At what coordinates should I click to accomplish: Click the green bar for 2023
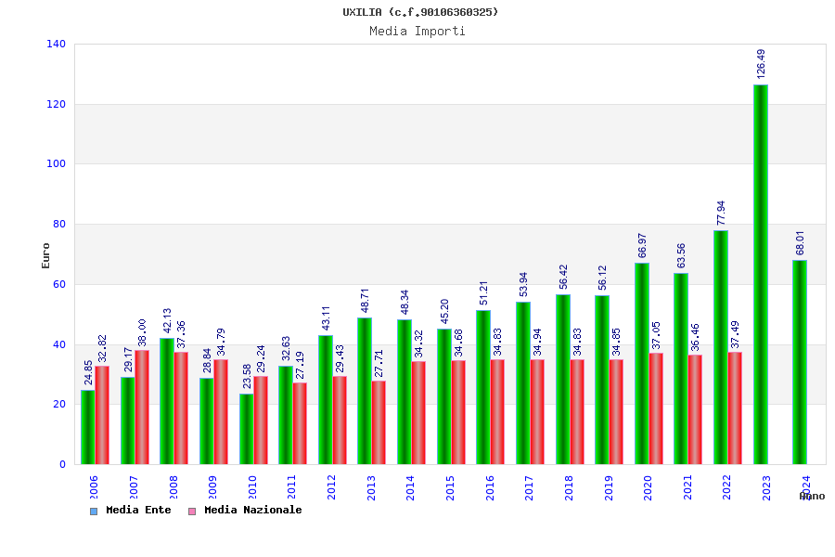tap(761, 274)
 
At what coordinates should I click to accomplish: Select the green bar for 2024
tap(800, 362)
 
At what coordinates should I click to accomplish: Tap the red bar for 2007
tap(142, 407)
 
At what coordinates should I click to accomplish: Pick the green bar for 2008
tap(167, 401)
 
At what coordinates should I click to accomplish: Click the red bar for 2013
tap(379, 422)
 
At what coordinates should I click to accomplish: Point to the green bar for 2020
tap(642, 363)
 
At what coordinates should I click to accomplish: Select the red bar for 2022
tap(735, 408)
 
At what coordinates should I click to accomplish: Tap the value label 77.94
tap(722, 213)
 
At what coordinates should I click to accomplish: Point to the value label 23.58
tap(247, 376)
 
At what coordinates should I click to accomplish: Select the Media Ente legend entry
tap(131, 511)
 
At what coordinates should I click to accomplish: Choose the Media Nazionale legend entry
tap(246, 511)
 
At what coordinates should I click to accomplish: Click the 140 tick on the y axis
tap(56, 45)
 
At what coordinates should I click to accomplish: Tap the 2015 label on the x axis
tap(450, 487)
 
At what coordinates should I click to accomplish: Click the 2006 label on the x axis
tap(94, 487)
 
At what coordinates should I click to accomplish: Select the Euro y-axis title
tap(46, 255)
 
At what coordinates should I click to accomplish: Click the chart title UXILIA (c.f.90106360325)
tap(420, 12)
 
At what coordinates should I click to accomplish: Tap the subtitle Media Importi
tap(417, 32)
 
